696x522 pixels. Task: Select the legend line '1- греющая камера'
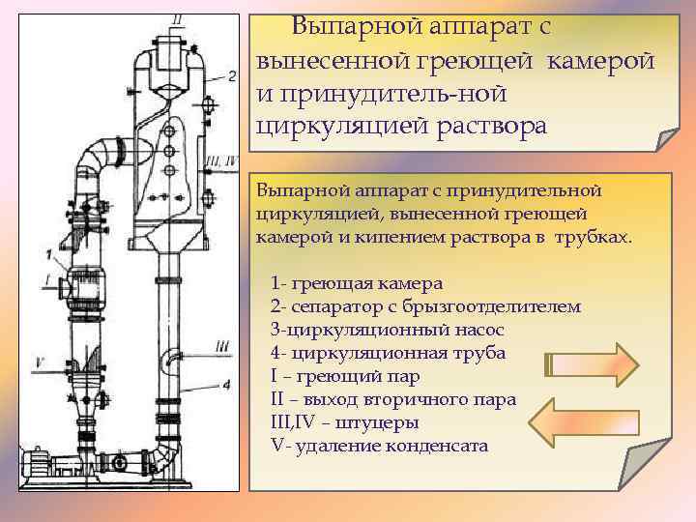pyautogui.click(x=358, y=284)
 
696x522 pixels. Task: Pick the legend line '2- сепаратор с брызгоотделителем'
pyautogui.click(x=426, y=307)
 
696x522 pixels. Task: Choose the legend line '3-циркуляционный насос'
pyautogui.click(x=381, y=331)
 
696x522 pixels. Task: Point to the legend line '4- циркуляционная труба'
pyautogui.click(x=389, y=354)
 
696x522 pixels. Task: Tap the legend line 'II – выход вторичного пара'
pyautogui.click(x=394, y=400)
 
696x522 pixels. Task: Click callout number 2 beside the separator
pyautogui.click(x=232, y=73)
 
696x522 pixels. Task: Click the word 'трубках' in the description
pyautogui.click(x=592, y=237)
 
